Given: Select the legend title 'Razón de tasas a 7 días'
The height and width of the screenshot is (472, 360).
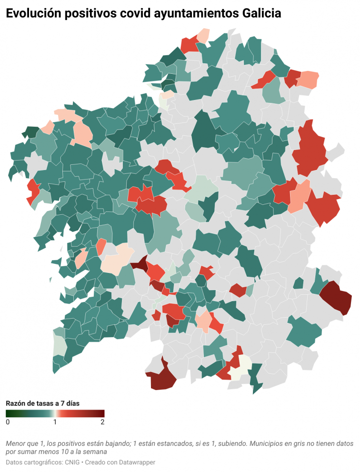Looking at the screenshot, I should [x=42, y=403].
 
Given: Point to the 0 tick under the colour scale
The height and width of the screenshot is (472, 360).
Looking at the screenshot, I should [x=8, y=422].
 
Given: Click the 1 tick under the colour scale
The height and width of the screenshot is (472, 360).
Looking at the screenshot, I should [x=55, y=422].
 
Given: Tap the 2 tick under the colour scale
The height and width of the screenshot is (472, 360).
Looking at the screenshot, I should [x=102, y=422].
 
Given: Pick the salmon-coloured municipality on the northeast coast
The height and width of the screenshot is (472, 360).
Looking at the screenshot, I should [x=309, y=79].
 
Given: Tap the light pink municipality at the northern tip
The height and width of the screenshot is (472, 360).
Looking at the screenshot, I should [x=203, y=35].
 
